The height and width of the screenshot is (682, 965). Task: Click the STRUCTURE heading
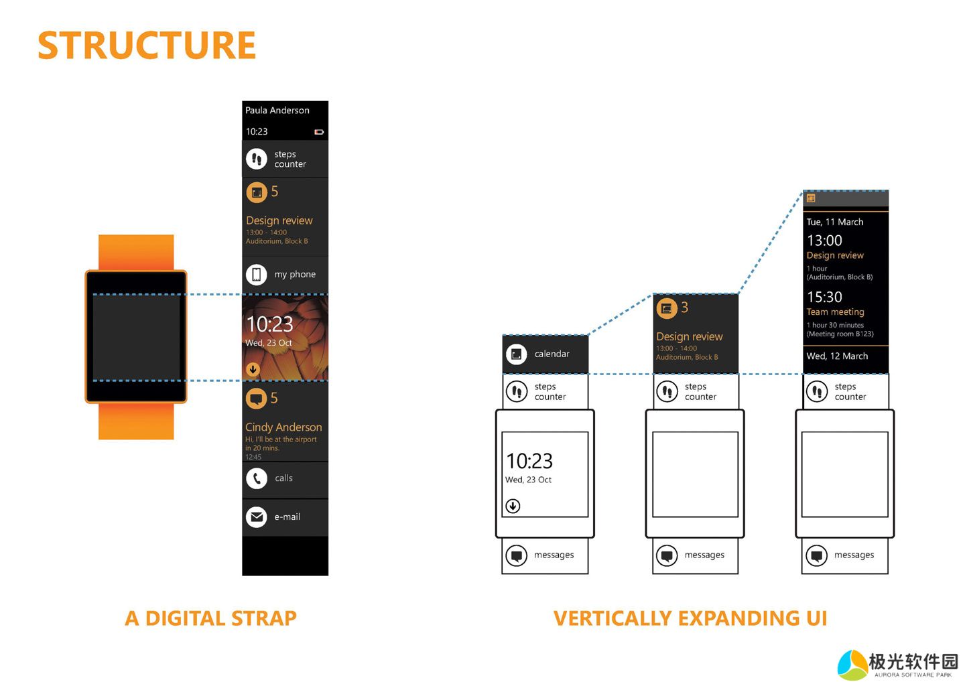tap(147, 46)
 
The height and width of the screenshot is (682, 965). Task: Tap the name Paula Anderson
tap(277, 111)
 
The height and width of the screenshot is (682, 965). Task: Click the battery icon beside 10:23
tap(319, 132)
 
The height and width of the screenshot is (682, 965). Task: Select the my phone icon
tap(257, 274)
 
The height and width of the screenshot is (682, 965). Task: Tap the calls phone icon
tap(257, 478)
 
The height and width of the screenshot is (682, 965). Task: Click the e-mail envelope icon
tap(257, 517)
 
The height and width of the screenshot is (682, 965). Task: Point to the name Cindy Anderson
tap(283, 427)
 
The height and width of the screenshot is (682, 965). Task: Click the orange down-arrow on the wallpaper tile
tap(253, 369)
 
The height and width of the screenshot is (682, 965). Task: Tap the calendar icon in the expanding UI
tap(517, 354)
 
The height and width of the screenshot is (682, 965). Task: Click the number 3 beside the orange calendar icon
tap(684, 308)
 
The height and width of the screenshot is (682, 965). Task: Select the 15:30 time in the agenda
tap(824, 297)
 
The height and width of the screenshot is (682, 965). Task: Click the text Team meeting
tap(835, 312)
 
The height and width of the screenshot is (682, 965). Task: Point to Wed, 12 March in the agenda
tap(837, 356)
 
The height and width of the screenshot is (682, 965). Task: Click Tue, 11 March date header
tap(834, 222)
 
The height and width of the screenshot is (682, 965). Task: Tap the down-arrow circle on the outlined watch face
tap(513, 506)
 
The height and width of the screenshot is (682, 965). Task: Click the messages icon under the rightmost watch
tap(817, 555)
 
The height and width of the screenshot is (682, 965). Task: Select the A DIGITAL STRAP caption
tap(210, 618)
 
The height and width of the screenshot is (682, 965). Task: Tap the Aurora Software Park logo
tap(897, 665)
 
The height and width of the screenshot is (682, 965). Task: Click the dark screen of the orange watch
tap(136, 336)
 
